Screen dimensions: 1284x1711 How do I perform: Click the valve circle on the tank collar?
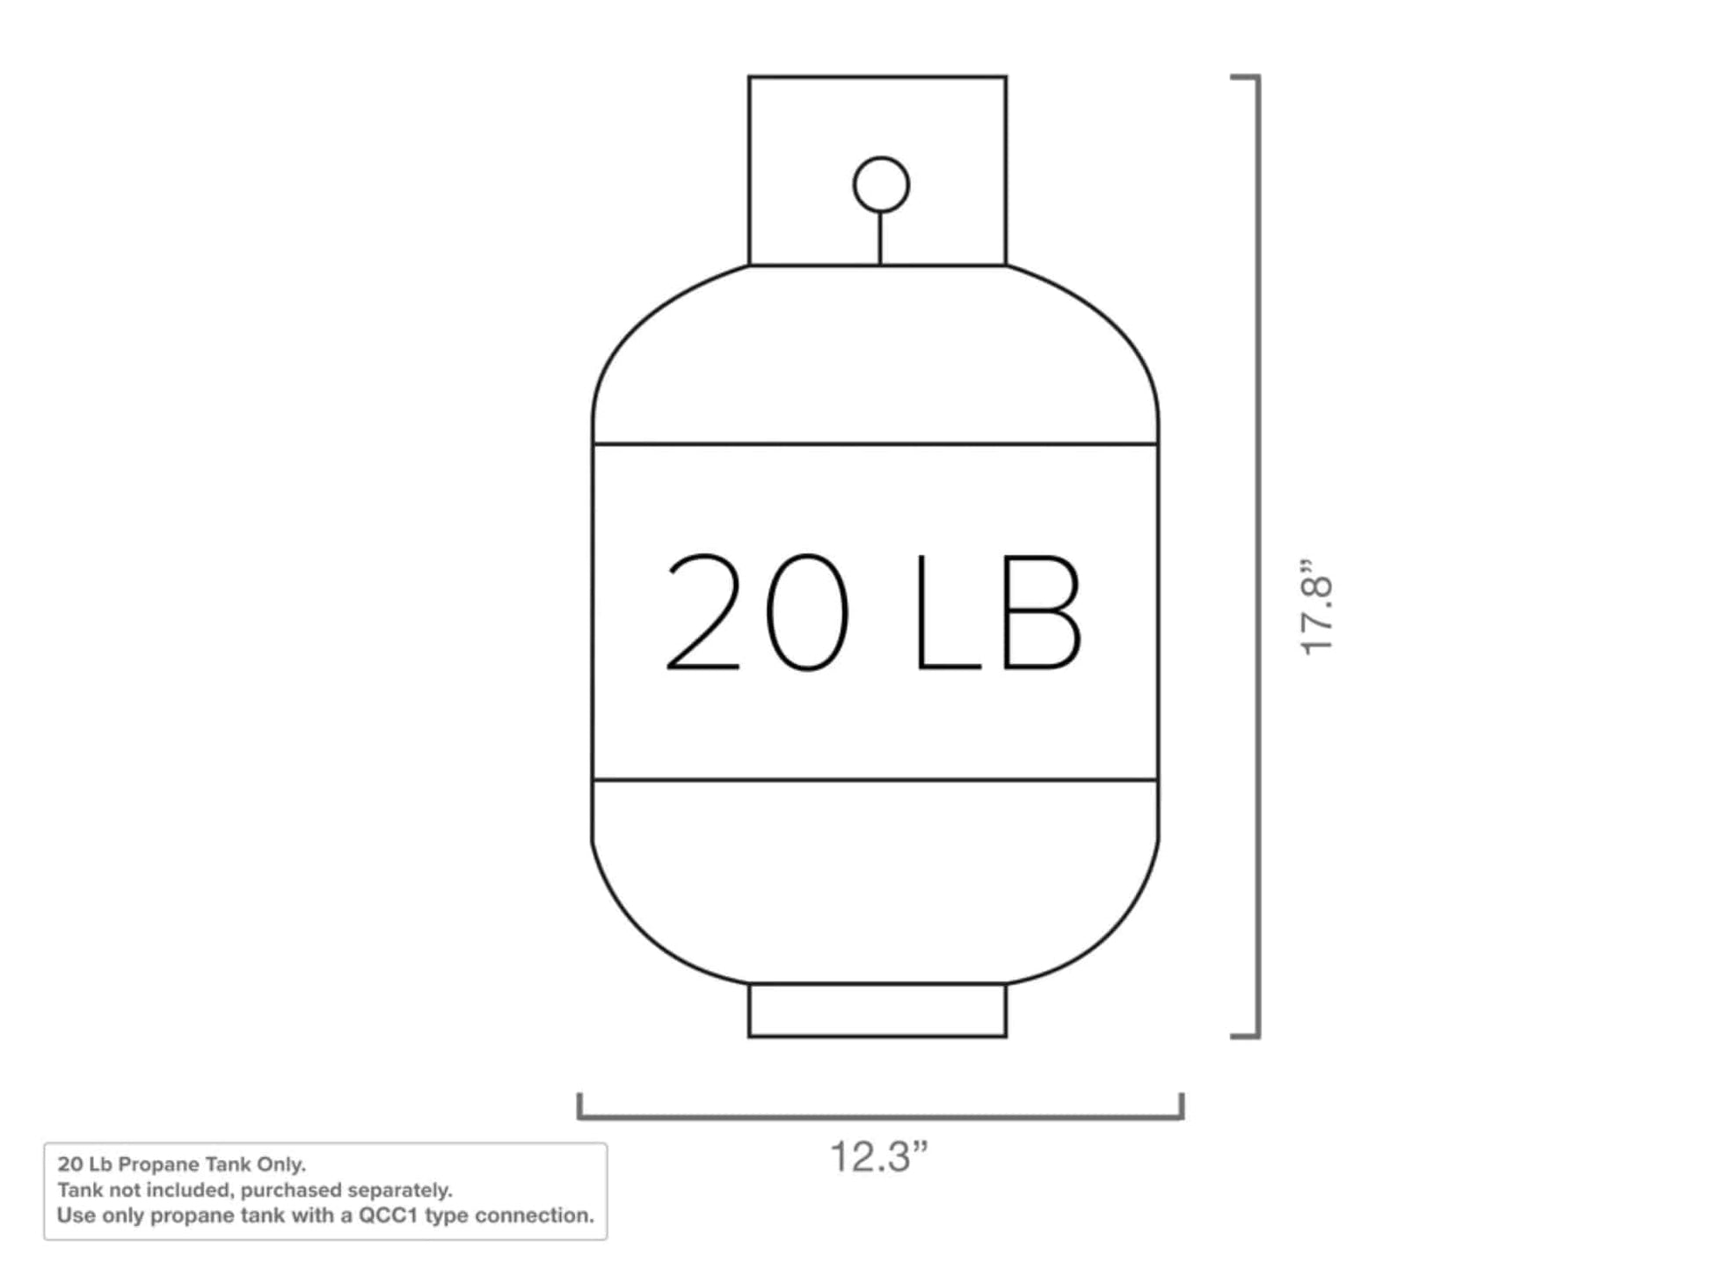tap(880, 184)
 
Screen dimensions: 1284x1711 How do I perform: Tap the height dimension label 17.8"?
tap(1317, 606)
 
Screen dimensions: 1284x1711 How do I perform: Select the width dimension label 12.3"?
tap(878, 1157)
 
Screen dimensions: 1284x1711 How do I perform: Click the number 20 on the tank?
tap(758, 612)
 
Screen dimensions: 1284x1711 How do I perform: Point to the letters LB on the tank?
tap(997, 612)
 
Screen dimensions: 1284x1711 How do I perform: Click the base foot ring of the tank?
tap(877, 1010)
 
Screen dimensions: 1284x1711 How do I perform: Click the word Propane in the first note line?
tap(159, 1164)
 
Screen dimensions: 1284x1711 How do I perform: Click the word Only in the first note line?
tap(280, 1164)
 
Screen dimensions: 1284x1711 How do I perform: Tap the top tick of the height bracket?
tap(1244, 77)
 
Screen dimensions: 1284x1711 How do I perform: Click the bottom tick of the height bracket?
tap(1244, 1037)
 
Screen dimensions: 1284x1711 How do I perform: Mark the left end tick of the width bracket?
tap(579, 1105)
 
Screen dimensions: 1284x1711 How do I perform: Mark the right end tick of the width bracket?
tap(1182, 1105)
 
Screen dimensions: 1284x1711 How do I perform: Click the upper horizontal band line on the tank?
tap(876, 444)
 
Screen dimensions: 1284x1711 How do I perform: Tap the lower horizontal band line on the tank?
tap(876, 779)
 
